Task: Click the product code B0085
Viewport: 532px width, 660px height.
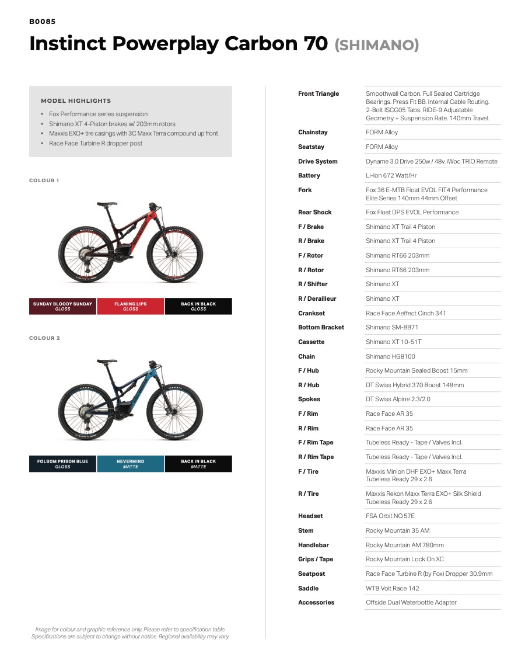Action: pos(43,22)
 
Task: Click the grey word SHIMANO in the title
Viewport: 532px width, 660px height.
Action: pos(377,45)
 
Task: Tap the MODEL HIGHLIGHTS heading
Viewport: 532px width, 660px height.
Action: pos(76,100)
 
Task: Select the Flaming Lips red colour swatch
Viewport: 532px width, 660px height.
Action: pos(131,307)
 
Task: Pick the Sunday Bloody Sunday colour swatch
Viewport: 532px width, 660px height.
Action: pos(62,307)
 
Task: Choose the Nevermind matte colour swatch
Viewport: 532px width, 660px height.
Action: pos(131,464)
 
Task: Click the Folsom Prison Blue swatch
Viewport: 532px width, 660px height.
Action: pos(62,464)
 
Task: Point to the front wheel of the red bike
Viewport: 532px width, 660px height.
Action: pos(174,256)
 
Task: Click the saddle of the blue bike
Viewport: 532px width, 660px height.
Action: pos(107,362)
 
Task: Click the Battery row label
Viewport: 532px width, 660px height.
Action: pos(309,176)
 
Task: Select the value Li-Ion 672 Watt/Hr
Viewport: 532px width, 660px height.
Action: pos(391,176)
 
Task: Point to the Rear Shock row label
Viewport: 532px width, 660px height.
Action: pos(315,213)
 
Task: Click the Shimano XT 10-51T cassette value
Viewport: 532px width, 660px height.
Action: pos(394,342)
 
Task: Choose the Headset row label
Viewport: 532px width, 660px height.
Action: pos(310,516)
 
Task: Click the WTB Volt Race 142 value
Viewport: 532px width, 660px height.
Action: pos(393,589)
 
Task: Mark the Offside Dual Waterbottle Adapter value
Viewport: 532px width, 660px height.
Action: pos(411,603)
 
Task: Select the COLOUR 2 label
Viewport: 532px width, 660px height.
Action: pos(44,338)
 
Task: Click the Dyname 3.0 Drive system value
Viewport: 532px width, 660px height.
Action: pos(432,162)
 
